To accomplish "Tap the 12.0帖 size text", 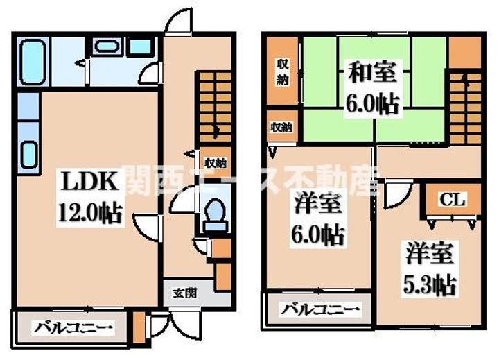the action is coord(90,213).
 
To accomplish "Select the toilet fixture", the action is coord(215,215).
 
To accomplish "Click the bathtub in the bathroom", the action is coord(33,62).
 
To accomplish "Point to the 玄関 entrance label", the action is coord(185,293).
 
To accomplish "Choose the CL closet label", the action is coord(453,200).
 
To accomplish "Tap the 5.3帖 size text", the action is coord(430,285).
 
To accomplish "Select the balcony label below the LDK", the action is coord(73,327).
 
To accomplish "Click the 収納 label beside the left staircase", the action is coord(216,164).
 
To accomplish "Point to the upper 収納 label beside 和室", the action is coord(282,73).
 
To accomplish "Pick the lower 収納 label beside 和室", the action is coord(281,128).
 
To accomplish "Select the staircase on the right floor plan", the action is coord(465,108).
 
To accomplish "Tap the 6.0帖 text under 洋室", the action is coord(317,235).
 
